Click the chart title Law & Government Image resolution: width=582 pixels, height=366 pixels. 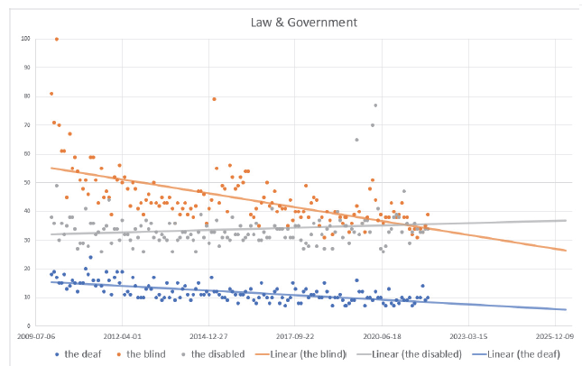(x=291, y=22)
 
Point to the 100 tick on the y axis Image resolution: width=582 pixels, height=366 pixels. (x=37, y=39)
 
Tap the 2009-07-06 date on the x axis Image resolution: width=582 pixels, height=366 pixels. (x=47, y=334)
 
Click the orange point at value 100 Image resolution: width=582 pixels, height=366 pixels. (x=57, y=39)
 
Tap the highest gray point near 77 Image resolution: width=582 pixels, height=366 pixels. (x=375, y=105)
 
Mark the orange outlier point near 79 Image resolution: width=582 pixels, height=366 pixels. (x=214, y=99)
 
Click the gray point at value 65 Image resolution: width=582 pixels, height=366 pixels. (x=356, y=140)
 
